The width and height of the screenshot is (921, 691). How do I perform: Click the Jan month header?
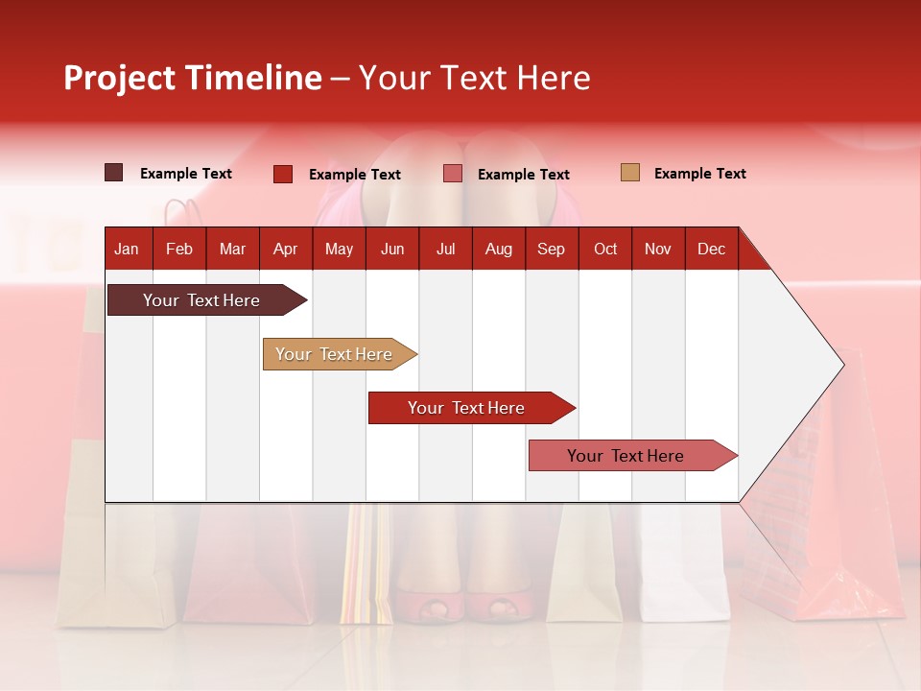(x=127, y=249)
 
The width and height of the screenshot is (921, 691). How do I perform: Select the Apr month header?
(x=285, y=249)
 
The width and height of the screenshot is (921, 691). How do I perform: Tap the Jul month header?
(x=445, y=249)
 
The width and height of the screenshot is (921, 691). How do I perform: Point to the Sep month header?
(x=551, y=249)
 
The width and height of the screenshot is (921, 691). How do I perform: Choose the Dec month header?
(x=711, y=249)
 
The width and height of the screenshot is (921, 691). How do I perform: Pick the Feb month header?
(x=179, y=249)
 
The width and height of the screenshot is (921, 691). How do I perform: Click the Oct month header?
(x=605, y=249)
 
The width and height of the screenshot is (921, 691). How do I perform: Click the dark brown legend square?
(x=114, y=173)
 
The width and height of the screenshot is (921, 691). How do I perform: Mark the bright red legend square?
(x=283, y=174)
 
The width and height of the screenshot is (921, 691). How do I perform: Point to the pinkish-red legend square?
(x=453, y=174)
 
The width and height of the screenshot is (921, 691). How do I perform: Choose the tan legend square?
(x=630, y=173)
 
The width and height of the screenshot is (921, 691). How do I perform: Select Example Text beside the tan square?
(x=699, y=174)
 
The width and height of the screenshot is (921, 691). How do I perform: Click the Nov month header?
(x=658, y=249)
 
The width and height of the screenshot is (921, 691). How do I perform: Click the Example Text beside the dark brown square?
(x=185, y=174)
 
